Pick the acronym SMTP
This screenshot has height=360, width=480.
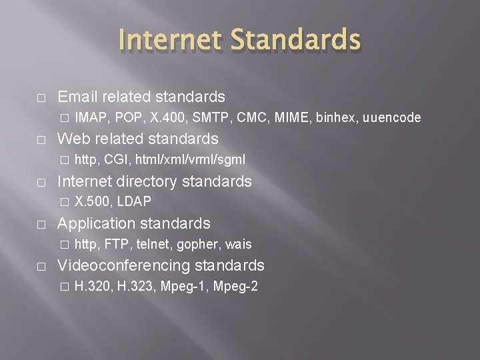tap(206, 118)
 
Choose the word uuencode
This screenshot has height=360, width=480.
tap(392, 118)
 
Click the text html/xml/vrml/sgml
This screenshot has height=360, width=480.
tap(190, 159)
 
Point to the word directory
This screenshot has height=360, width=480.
tap(144, 181)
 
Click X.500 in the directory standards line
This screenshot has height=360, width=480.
tap(91, 201)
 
